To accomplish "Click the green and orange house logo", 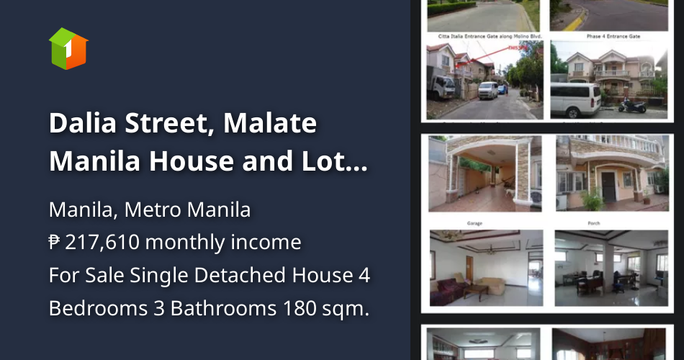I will [x=68, y=48].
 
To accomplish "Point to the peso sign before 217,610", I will [x=55, y=243].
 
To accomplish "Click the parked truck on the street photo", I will [x=441, y=86].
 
